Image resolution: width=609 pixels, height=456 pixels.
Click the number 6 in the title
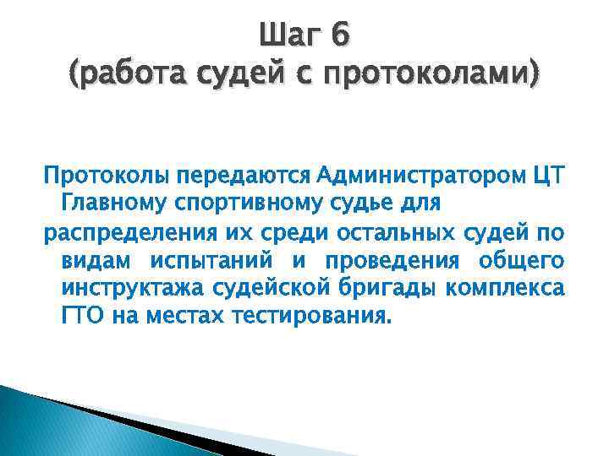[338, 35]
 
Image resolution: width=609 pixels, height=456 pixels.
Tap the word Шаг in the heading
[288, 35]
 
